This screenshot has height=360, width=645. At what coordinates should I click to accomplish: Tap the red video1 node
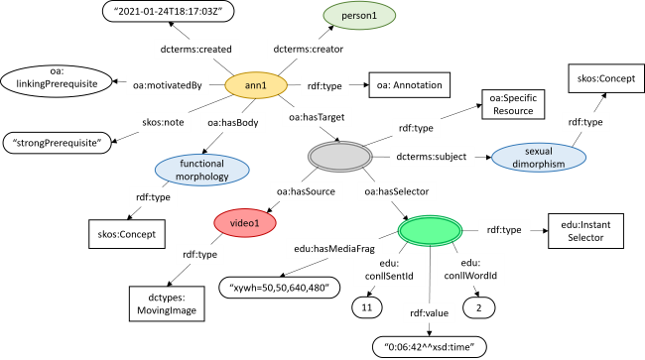coord(244,224)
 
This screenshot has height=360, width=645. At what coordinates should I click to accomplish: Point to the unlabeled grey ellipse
coord(339,157)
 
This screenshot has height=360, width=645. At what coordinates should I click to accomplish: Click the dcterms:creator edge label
coord(299,47)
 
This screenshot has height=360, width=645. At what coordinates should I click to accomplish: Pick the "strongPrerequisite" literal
coord(59,143)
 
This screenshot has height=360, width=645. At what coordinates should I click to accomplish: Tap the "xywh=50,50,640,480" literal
coord(279,288)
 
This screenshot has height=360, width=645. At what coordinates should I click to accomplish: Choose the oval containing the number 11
coord(366,309)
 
